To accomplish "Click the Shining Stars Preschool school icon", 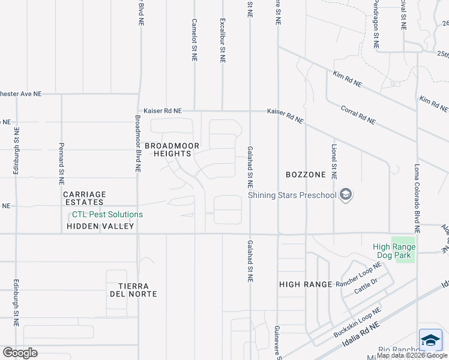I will point(345,194).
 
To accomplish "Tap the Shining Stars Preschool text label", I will point(292,195).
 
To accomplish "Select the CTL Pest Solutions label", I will point(107,215).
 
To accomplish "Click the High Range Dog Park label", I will point(394,251).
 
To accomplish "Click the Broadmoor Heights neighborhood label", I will point(167,149).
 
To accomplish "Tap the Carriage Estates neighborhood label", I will point(85,199).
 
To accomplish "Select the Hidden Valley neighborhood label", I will point(100,226).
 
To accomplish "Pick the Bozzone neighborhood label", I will point(306,175).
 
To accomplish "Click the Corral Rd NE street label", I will point(358,115).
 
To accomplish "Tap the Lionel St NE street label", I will point(334,161).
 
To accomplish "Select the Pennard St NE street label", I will point(61,163).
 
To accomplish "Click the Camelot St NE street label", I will point(194,40).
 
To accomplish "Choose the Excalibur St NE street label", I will point(223,40).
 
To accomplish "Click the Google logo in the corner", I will point(20,353).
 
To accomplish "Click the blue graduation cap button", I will point(430,340).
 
